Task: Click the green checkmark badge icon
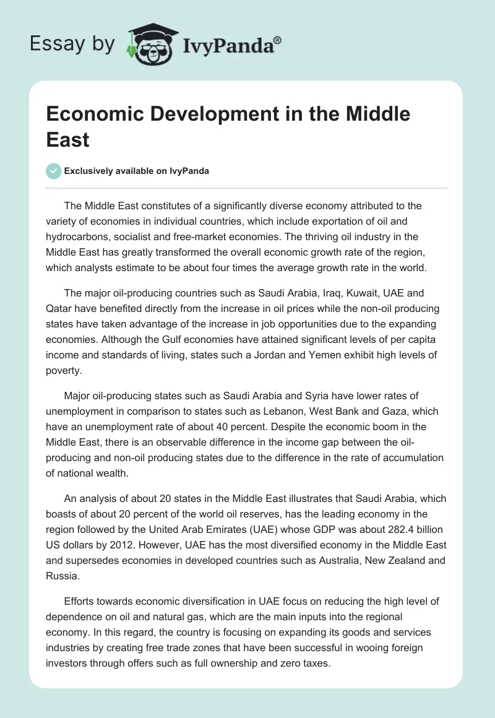[54, 171]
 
